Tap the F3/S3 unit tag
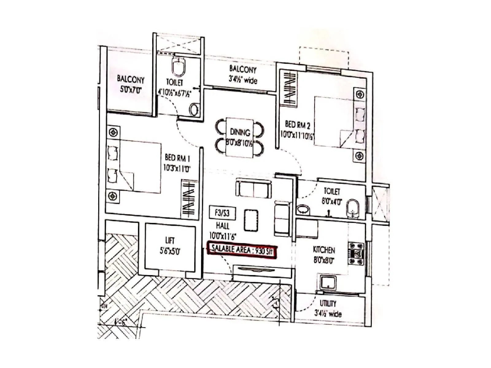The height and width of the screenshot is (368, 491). click(x=222, y=213)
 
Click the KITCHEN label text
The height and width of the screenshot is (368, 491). click(x=324, y=250)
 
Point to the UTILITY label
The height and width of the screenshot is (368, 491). click(x=328, y=303)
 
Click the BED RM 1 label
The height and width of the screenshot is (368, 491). click(x=177, y=158)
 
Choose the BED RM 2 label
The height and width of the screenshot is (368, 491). click(x=297, y=125)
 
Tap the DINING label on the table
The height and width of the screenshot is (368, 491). click(x=240, y=132)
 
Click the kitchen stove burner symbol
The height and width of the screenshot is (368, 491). click(x=356, y=254)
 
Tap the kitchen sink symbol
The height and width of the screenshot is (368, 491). click(x=328, y=282)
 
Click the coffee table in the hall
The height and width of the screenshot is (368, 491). click(x=251, y=220)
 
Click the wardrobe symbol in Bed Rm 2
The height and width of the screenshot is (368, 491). click(x=289, y=89)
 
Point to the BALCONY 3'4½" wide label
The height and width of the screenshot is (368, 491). click(x=242, y=75)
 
